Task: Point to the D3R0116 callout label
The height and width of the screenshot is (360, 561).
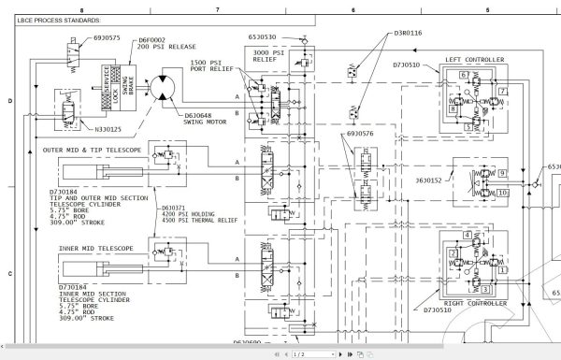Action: (x=408, y=32)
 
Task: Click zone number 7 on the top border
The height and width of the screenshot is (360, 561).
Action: (x=217, y=8)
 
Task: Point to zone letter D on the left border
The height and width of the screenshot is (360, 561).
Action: (x=9, y=99)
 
